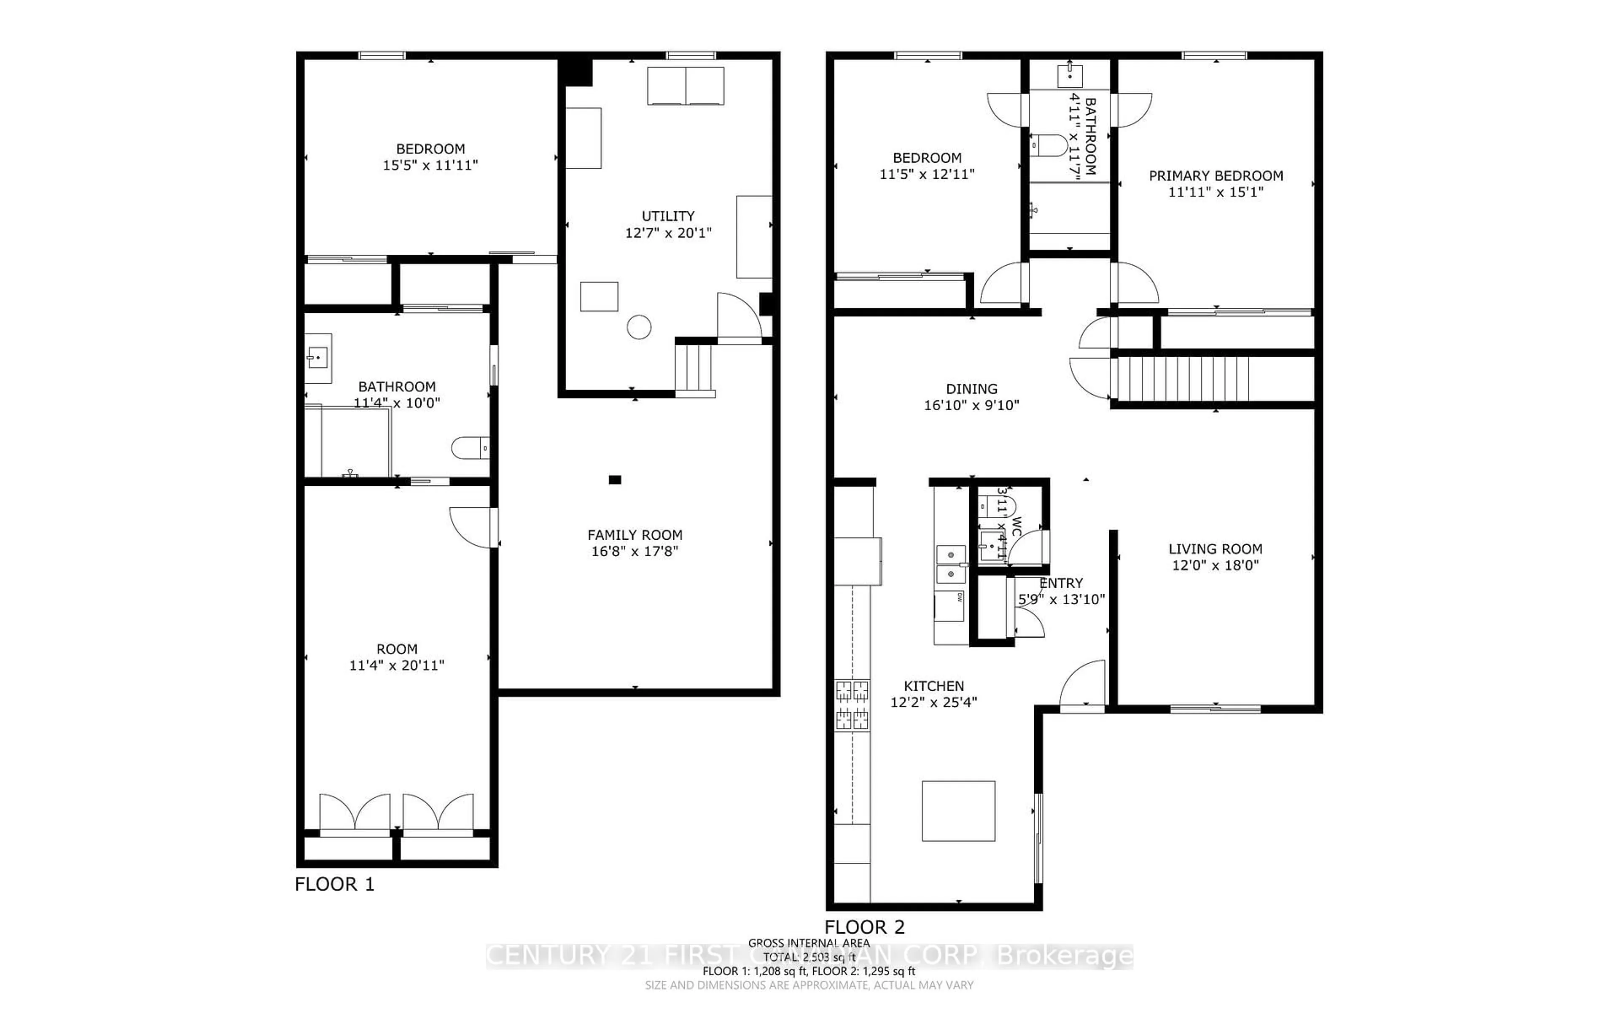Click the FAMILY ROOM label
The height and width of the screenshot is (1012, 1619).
tap(634, 535)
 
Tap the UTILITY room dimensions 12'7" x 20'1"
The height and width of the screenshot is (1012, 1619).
tap(668, 233)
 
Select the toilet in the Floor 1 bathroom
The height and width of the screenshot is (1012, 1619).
tap(471, 447)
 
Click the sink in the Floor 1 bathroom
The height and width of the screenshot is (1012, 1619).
tap(317, 358)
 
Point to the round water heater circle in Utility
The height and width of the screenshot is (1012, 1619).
tap(639, 327)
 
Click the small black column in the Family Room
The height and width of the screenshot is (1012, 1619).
tap(615, 479)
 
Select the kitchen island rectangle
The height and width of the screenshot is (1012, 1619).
tap(958, 810)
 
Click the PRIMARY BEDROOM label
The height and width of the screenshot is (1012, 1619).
tap(1216, 175)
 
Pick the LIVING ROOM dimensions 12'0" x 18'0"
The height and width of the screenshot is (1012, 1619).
tap(1215, 565)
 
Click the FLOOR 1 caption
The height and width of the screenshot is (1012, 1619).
tap(334, 884)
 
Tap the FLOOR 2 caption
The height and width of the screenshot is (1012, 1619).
tap(864, 927)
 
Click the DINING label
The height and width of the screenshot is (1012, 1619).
tap(971, 389)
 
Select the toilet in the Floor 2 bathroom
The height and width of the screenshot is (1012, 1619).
tap(1048, 145)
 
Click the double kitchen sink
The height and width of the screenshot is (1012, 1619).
tap(950, 564)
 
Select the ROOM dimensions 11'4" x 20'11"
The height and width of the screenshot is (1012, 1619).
tap(397, 665)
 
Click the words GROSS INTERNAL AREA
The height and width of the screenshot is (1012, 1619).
tap(809, 943)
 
